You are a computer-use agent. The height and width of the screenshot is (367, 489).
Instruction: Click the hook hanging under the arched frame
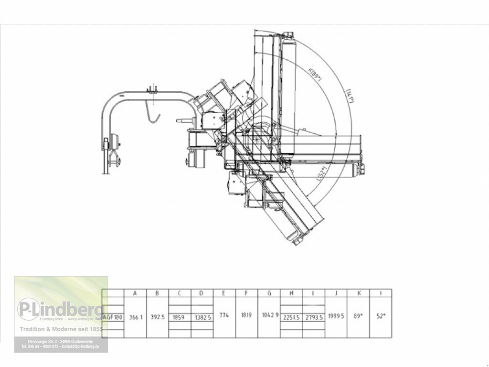(x=153, y=115)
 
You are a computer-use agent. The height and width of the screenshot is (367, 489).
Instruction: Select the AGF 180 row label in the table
(x=113, y=317)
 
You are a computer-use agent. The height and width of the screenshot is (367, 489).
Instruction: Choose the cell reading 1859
(x=180, y=317)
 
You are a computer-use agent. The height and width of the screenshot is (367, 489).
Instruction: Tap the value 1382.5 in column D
(x=202, y=317)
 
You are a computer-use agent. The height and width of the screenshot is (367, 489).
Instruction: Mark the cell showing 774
(x=224, y=315)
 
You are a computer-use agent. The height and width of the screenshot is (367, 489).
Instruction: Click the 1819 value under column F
(x=246, y=315)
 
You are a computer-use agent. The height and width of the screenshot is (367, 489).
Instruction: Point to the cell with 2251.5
(x=291, y=317)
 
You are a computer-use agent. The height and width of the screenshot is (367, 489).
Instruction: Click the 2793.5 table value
(x=314, y=317)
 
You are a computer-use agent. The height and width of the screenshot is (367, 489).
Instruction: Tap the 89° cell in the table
(x=358, y=315)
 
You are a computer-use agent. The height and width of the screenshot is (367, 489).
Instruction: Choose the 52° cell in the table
(x=380, y=315)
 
